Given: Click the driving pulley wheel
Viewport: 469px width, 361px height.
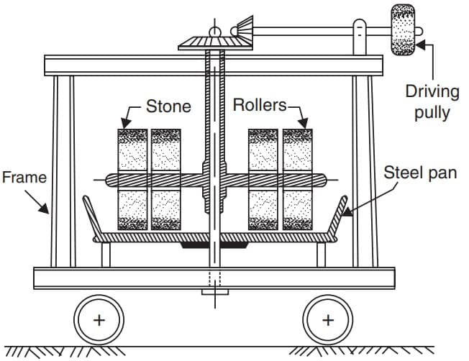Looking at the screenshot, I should coord(402,29).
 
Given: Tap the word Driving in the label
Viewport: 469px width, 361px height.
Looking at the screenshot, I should coord(432,91).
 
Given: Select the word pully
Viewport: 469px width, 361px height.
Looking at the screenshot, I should coord(432,113).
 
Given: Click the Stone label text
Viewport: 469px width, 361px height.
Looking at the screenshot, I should coord(169,106).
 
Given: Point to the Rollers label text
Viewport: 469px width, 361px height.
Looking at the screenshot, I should coord(260,105).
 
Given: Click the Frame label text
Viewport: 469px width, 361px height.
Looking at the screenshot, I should coord(23,177).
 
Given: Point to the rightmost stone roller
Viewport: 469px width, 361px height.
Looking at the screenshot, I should coord(297,179).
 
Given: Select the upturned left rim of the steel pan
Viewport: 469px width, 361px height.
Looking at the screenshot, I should coord(91,213).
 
